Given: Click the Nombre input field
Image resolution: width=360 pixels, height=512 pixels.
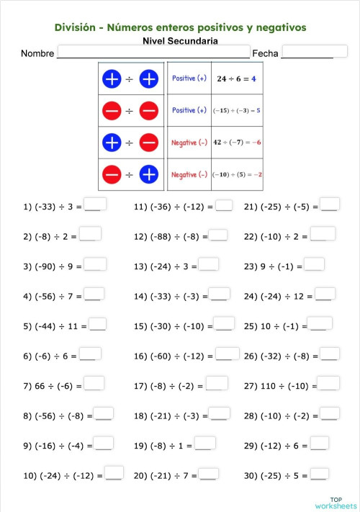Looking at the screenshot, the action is [x=153, y=53].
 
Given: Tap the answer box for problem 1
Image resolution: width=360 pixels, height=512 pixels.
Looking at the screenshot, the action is [x=95, y=205].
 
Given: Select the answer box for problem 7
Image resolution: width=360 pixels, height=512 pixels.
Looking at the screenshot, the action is [x=94, y=384].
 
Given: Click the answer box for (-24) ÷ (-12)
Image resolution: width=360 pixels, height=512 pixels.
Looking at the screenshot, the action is [x=114, y=474].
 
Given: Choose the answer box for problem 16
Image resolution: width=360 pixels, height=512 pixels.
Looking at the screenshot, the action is [x=228, y=354].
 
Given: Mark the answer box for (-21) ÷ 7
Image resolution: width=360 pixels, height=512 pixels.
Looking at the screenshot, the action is [x=209, y=474].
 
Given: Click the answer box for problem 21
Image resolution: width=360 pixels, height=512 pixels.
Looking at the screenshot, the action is [x=330, y=205].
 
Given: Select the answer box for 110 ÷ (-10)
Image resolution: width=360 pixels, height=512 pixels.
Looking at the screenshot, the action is [x=329, y=384].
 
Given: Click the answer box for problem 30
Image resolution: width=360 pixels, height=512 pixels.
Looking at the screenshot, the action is [x=320, y=474].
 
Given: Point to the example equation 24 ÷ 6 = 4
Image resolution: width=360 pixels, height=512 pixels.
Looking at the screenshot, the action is [x=237, y=78].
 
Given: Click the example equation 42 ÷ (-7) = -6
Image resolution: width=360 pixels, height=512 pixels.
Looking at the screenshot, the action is [x=237, y=143].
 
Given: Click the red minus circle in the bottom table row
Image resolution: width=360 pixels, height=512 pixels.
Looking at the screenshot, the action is [x=112, y=174].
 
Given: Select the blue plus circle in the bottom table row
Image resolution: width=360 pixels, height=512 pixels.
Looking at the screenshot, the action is [x=148, y=174].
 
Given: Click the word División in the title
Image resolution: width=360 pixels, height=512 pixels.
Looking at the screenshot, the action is [x=77, y=27].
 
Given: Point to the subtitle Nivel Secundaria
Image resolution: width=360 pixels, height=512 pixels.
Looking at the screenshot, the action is [x=180, y=41].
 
